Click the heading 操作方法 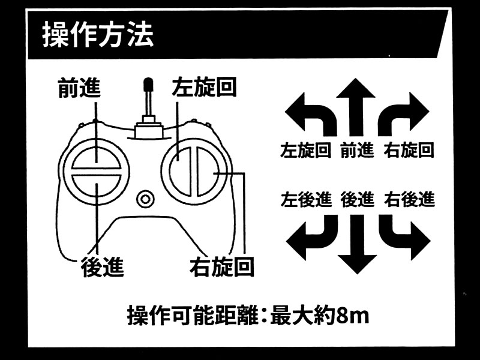click(98, 35)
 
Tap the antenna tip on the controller click(148, 85)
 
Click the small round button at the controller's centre click(145, 199)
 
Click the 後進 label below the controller click(102, 266)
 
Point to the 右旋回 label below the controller click(221, 266)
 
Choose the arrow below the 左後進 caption click(309, 236)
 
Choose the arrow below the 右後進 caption click(404, 236)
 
